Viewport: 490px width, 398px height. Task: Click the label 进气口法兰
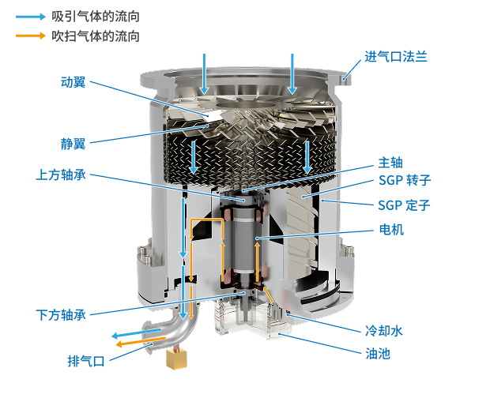396,57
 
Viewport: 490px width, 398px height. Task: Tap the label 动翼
73,82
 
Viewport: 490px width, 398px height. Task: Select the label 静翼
73,144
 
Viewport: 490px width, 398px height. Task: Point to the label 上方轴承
61,175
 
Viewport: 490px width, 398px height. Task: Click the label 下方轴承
61,315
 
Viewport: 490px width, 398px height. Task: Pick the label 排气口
86,361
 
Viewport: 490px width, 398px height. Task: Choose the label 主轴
390,163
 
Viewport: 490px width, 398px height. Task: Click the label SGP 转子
405,180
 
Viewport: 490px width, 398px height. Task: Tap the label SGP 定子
404,205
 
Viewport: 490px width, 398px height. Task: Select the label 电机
391,230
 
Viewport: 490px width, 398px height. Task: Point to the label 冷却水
384,331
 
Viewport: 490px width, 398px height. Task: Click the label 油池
378,354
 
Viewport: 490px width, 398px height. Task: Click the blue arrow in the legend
31,17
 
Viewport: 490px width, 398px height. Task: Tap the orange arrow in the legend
31,36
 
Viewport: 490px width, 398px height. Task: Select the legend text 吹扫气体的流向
96,36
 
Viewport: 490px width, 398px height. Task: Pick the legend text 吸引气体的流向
96,17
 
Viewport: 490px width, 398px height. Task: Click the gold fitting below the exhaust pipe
177,359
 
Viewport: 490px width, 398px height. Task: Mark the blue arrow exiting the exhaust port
137,332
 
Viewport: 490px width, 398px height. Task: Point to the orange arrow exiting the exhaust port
141,341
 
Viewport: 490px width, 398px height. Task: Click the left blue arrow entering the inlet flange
205,74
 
